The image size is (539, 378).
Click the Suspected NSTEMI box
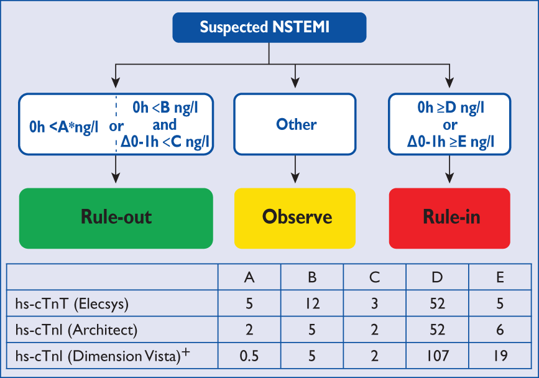pyautogui.click(x=269, y=27)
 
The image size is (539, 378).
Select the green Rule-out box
pyautogui.click(x=116, y=217)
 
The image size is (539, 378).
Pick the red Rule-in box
pyautogui.click(x=449, y=217)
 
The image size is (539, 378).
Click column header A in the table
pyautogui.click(x=249, y=277)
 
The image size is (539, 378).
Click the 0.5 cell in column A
pyautogui.click(x=249, y=356)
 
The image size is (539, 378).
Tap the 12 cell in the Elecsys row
pyautogui.click(x=311, y=303)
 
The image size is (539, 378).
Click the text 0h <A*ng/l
pyautogui.click(x=64, y=127)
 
